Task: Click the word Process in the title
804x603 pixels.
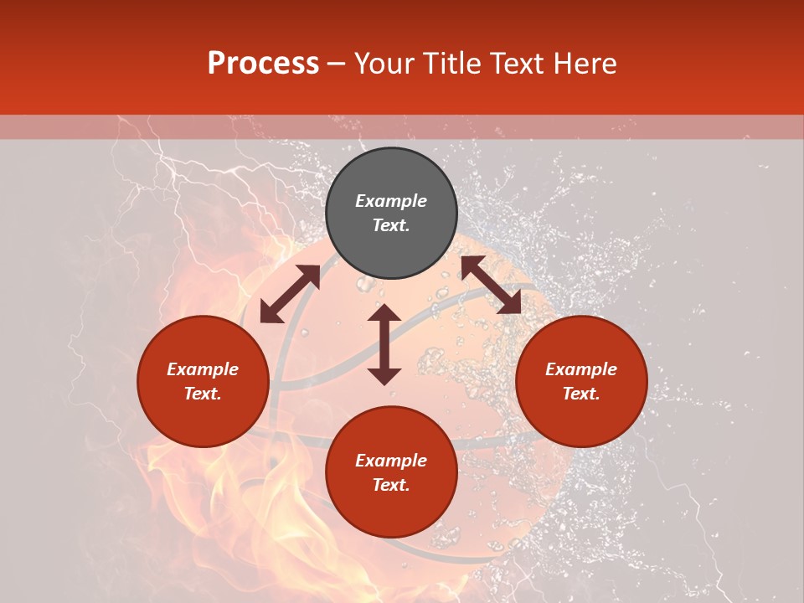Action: click(263, 64)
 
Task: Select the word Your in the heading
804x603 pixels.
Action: click(384, 64)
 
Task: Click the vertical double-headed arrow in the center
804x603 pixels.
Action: click(384, 344)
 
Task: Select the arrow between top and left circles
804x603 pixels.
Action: click(291, 294)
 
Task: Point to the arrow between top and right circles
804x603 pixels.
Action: click(491, 285)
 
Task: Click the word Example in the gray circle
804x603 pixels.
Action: click(391, 201)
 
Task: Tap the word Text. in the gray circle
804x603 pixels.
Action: click(391, 225)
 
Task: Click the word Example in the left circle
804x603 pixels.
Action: click(203, 369)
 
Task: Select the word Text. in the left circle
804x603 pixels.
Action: click(203, 394)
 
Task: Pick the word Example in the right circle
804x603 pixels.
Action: click(581, 369)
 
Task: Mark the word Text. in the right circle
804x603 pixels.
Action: click(581, 394)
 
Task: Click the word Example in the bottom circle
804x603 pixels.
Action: click(391, 461)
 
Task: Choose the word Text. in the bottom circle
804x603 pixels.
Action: click(391, 485)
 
